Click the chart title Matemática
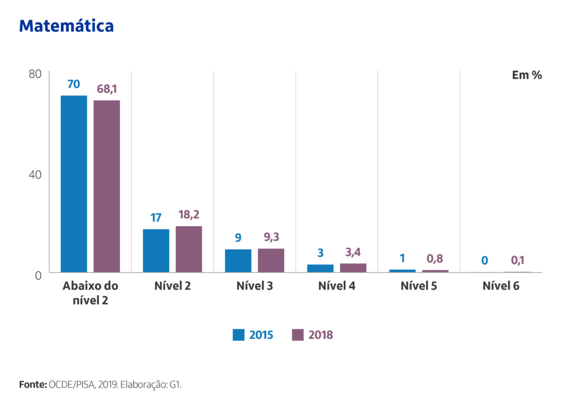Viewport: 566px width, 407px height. [x=66, y=25]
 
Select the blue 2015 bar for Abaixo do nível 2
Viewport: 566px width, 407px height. [x=74, y=184]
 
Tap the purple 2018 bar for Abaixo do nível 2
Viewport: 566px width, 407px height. [x=107, y=186]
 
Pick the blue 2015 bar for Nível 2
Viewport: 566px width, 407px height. [x=156, y=251]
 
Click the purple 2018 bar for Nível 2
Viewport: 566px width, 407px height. [x=189, y=249]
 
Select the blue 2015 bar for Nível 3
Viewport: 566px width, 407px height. [x=238, y=260]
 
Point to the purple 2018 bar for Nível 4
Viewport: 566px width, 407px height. [x=353, y=268]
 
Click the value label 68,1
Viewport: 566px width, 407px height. [x=107, y=89]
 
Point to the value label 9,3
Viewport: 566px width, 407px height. [x=271, y=238]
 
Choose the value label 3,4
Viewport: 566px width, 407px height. [x=353, y=253]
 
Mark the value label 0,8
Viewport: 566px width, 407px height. [x=434, y=259]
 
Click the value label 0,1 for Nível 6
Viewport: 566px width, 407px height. [x=517, y=260]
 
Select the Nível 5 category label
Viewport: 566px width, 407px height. [x=418, y=286]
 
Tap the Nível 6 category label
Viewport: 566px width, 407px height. [x=501, y=286]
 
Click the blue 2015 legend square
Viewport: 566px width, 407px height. [x=239, y=335]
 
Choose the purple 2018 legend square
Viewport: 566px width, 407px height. [x=298, y=335]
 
